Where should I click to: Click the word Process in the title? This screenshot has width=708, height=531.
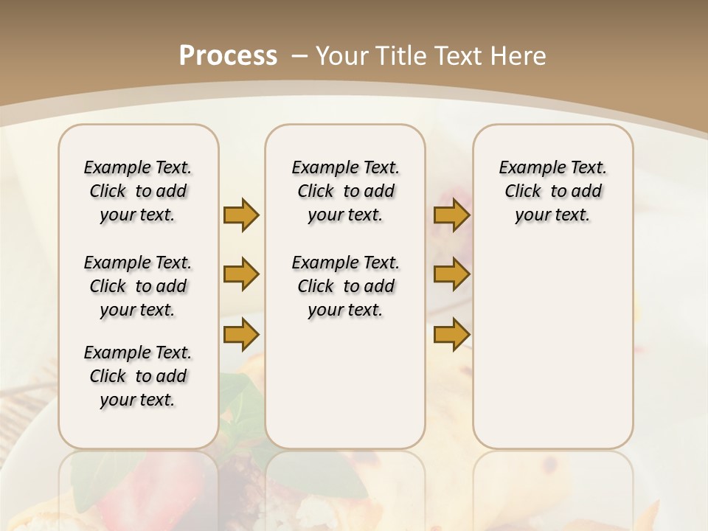pyautogui.click(x=228, y=55)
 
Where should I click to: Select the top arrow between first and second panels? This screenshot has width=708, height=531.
pyautogui.click(x=241, y=215)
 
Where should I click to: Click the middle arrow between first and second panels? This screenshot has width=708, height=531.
pyautogui.click(x=241, y=274)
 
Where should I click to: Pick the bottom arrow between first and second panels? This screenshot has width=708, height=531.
pyautogui.click(x=241, y=334)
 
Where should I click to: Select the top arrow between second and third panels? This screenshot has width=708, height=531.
pyautogui.click(x=451, y=215)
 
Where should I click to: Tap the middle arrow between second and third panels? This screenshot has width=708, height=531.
pyautogui.click(x=451, y=274)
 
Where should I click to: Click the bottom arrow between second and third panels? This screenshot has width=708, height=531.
pyautogui.click(x=451, y=334)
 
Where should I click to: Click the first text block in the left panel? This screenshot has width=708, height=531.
pyautogui.click(x=138, y=191)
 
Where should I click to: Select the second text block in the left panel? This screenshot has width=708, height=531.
pyautogui.click(x=138, y=286)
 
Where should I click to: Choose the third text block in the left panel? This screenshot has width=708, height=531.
pyautogui.click(x=138, y=376)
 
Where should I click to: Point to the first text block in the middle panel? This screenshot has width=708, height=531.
pyautogui.click(x=345, y=191)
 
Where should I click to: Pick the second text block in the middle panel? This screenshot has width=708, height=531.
pyautogui.click(x=345, y=286)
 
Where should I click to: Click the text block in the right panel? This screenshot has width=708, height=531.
pyautogui.click(x=552, y=191)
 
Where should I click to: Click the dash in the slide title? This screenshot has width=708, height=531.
pyautogui.click(x=299, y=56)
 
